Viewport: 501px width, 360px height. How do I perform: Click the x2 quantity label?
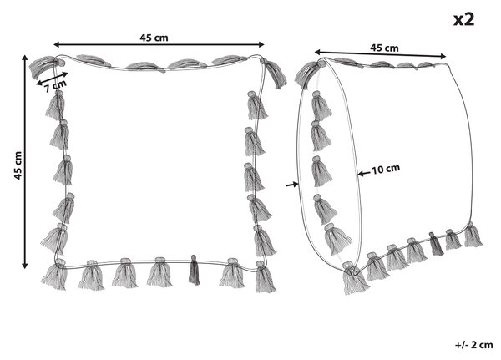(x=463, y=20)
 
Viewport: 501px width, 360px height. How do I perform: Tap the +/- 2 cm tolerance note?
(x=473, y=345)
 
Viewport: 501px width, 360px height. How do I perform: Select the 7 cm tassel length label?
(x=56, y=86)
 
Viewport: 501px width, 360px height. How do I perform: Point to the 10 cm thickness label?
(x=386, y=169)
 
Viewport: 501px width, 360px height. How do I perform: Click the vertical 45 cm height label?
(x=18, y=165)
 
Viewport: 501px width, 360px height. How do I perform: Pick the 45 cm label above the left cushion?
(x=154, y=38)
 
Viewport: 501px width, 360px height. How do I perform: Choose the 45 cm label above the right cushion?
(x=384, y=48)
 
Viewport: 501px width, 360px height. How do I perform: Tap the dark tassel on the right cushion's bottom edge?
(x=437, y=244)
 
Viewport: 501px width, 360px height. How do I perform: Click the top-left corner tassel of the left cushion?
(x=43, y=67)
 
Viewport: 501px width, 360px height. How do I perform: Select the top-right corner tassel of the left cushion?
(x=274, y=74)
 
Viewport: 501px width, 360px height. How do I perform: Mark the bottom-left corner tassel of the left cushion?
(x=55, y=274)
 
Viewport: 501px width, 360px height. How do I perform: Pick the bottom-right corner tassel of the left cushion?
(x=265, y=276)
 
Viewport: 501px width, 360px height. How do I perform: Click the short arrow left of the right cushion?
(x=292, y=185)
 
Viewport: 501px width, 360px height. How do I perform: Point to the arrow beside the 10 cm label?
(x=364, y=174)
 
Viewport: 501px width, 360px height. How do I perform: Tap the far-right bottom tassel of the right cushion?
(x=473, y=235)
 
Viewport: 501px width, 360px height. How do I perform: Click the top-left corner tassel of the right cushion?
(x=308, y=74)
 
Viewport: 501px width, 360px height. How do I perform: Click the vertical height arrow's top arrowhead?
(x=24, y=58)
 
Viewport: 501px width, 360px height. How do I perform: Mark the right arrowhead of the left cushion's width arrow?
(x=261, y=44)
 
